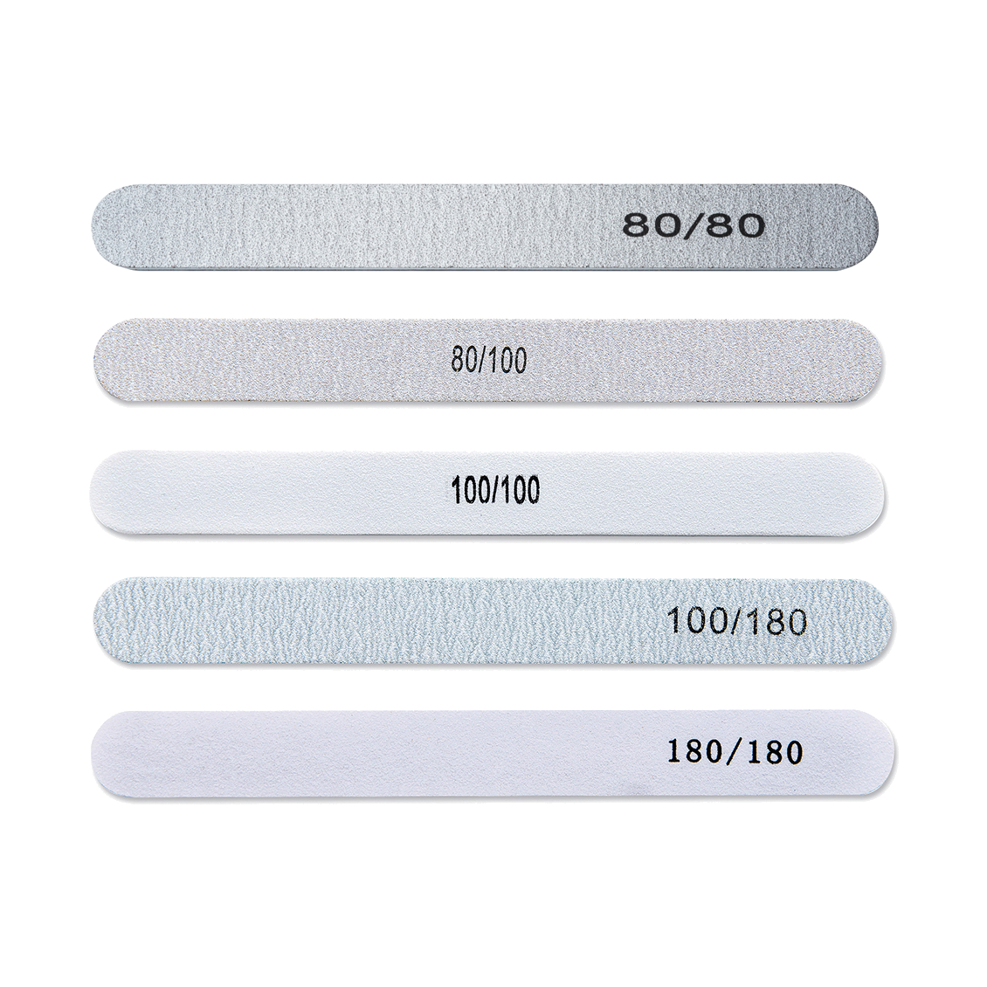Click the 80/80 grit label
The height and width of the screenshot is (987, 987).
[694, 224]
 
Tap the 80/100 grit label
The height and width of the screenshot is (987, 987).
[488, 360]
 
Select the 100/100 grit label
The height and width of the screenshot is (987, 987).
[495, 490]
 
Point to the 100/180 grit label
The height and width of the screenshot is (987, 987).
[735, 622]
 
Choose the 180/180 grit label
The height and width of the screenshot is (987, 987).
[735, 751]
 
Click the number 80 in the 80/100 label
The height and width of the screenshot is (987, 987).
[462, 360]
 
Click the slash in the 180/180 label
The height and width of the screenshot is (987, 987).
[735, 751]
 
